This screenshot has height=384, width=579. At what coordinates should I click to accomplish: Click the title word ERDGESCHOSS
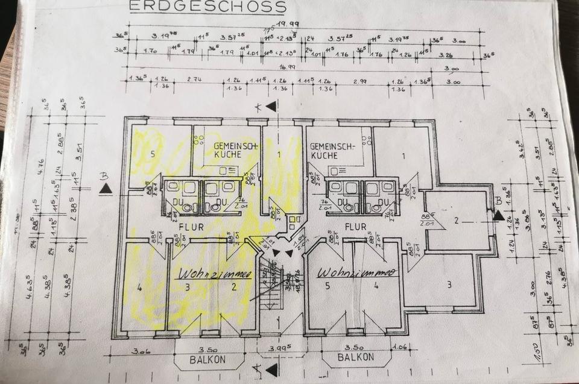[208, 7]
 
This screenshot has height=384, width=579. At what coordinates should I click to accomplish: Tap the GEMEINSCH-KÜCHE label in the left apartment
[226, 150]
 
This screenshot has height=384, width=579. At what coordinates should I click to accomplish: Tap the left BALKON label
[210, 359]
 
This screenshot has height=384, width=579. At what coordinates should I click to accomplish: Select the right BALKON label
[356, 357]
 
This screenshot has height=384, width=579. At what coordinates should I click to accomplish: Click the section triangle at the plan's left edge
[106, 189]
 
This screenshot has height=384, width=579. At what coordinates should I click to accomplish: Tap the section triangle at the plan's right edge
[498, 214]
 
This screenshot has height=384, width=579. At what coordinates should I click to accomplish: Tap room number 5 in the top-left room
[153, 154]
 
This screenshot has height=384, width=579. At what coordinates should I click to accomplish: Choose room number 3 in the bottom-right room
[449, 285]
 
